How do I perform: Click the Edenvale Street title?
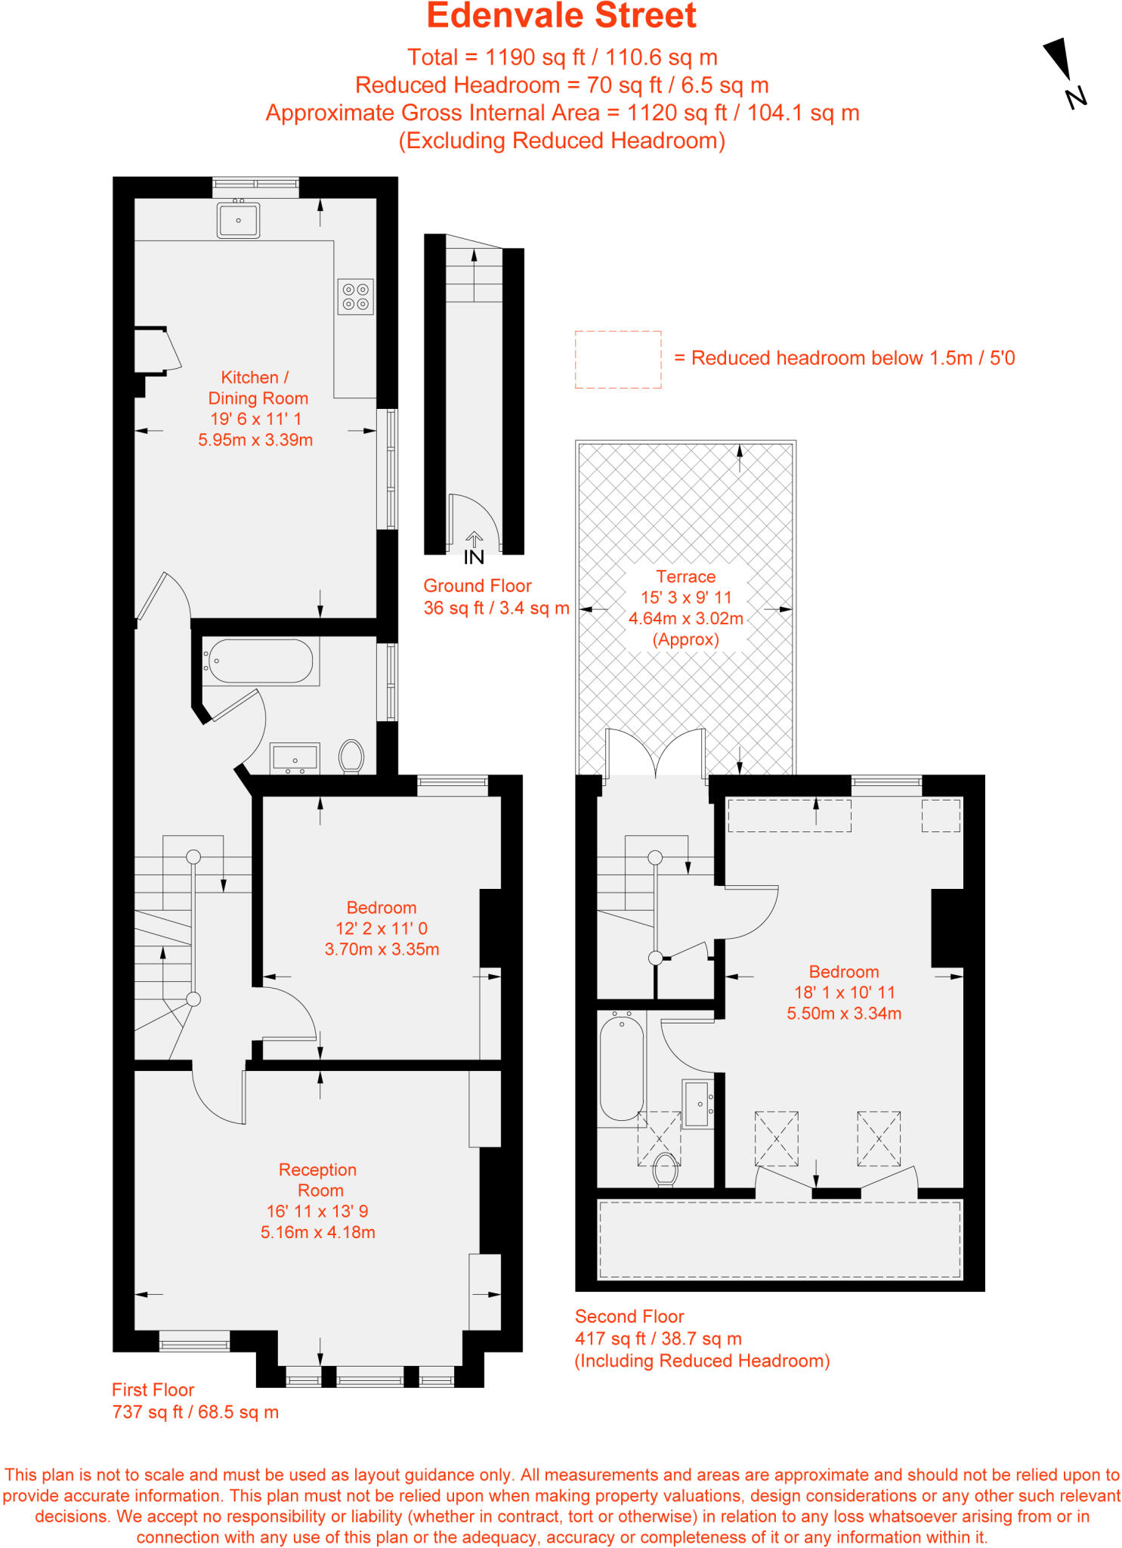click(561, 17)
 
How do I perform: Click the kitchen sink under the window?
click(238, 220)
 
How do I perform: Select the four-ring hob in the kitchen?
click(355, 296)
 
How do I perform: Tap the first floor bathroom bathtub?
click(260, 661)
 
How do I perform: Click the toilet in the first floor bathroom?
click(351, 756)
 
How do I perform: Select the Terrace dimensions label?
click(685, 608)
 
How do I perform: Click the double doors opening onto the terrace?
click(655, 753)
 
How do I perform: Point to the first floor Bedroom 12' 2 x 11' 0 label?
click(382, 928)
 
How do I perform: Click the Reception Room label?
click(318, 1180)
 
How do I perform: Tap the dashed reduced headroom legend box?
click(617, 360)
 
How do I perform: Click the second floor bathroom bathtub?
click(621, 1067)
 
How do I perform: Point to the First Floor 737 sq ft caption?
click(195, 1401)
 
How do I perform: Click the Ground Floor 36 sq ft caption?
click(496, 596)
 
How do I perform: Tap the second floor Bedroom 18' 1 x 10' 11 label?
click(844, 992)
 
